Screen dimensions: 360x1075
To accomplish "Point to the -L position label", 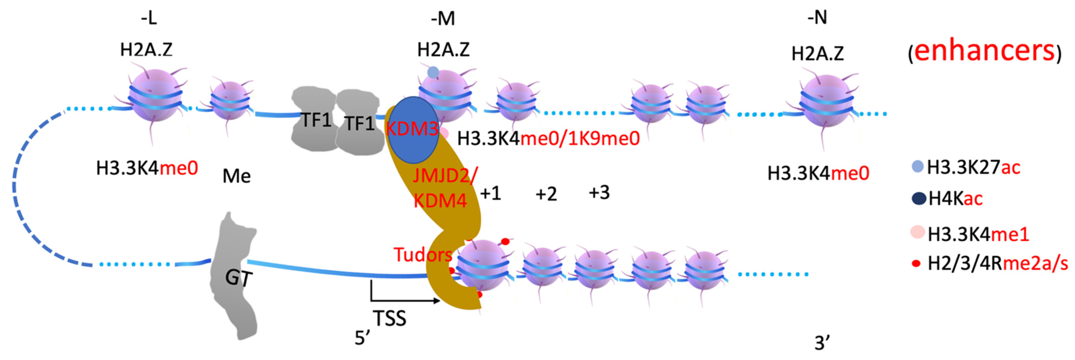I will (149, 19).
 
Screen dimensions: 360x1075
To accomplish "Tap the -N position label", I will (817, 18).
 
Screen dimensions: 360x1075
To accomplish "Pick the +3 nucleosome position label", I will (599, 193).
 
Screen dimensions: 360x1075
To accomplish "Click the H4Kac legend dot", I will (919, 198).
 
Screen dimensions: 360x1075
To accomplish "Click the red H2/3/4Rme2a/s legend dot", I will (917, 264).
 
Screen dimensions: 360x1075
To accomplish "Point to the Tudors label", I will (422, 254).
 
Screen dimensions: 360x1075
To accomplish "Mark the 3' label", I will (822, 343).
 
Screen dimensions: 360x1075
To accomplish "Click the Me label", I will (237, 176).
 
